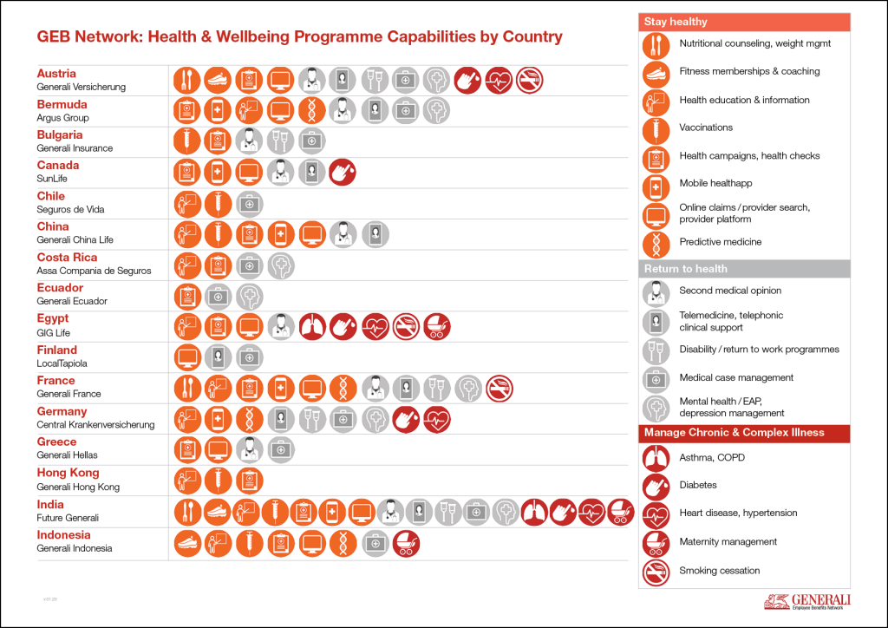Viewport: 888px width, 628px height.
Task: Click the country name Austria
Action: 56,74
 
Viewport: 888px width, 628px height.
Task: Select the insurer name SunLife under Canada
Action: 52,179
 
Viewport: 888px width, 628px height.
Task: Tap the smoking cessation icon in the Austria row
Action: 529,81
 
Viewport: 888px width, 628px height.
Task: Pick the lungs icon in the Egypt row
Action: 312,326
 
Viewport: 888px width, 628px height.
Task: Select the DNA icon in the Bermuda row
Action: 312,110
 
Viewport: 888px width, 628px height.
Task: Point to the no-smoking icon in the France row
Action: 499,388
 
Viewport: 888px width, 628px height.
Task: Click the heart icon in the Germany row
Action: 437,419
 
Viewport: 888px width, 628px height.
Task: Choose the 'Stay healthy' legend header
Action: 676,22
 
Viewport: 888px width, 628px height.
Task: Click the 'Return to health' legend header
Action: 685,269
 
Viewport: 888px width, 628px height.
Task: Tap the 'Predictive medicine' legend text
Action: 720,242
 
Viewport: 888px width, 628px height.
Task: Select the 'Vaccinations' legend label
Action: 706,128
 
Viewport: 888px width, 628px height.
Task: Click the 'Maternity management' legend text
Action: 728,542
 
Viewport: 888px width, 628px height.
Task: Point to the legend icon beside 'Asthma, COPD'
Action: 656,457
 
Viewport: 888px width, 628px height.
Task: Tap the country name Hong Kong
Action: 68,473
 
